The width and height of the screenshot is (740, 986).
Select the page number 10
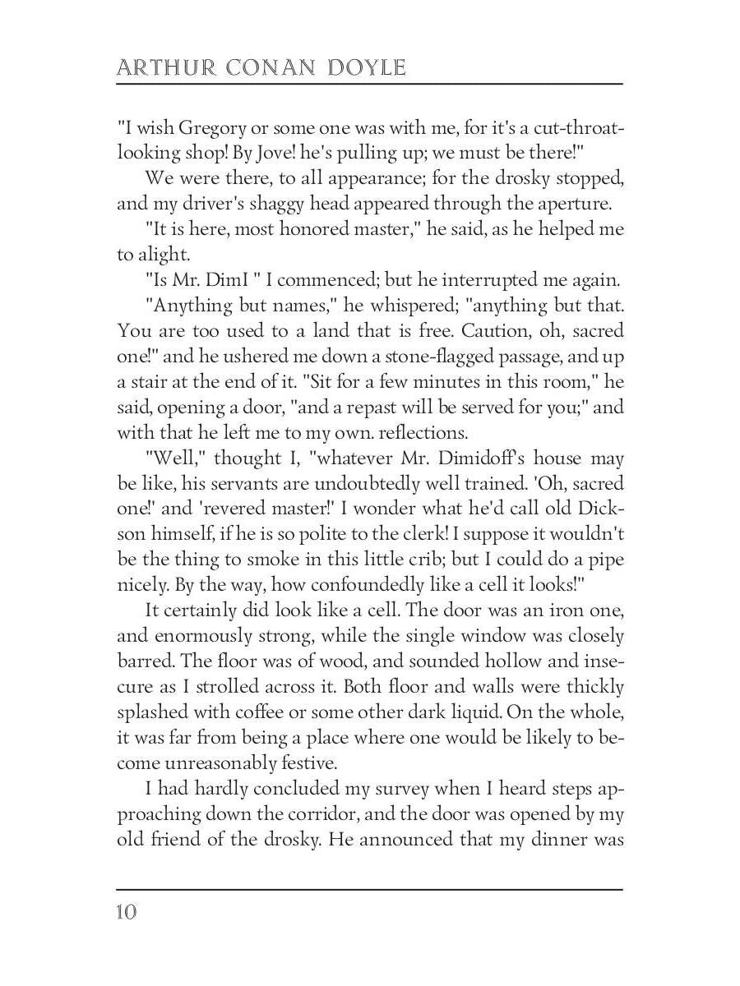point(127,912)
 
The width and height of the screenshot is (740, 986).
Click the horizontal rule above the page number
point(370,889)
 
